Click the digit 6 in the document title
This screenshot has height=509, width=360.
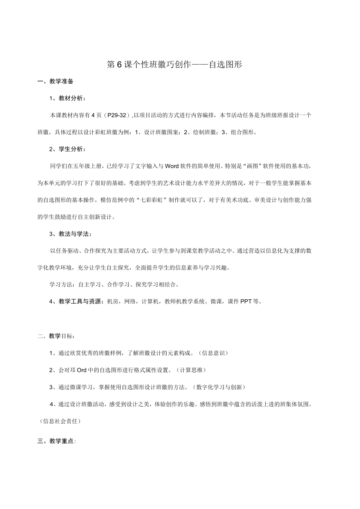[120, 65]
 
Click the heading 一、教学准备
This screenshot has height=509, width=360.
[55, 81]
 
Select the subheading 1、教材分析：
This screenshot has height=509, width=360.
[67, 98]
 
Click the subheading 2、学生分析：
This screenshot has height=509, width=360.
[67, 149]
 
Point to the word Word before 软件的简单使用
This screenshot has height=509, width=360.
[172, 166]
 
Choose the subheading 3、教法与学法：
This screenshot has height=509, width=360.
[70, 234]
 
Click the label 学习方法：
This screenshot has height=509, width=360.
[63, 284]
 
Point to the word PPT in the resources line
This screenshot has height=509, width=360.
[246, 301]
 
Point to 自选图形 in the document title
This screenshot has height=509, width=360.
[225, 65]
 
